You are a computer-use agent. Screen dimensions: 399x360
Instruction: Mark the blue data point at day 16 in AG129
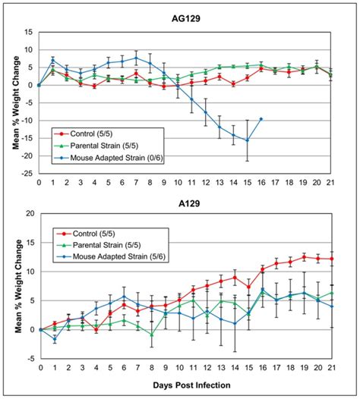tap(261, 118)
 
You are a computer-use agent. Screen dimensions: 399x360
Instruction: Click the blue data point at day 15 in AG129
tap(247, 140)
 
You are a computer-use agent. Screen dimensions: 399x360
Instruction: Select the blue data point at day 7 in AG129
tap(136, 58)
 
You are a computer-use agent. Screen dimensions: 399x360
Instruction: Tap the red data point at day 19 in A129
tap(303, 256)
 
